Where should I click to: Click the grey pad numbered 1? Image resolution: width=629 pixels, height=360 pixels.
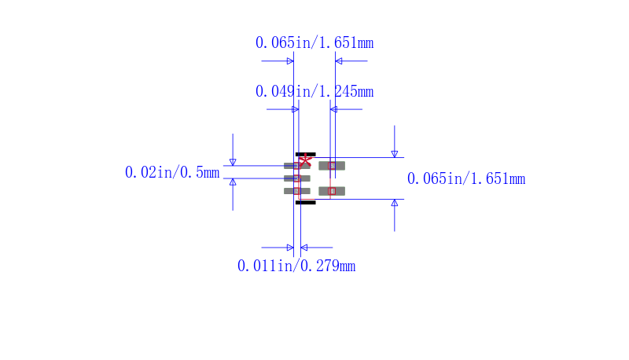click(x=297, y=166)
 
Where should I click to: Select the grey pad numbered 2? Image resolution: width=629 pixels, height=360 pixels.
click(x=297, y=178)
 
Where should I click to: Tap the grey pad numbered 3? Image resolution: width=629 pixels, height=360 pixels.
click(x=297, y=191)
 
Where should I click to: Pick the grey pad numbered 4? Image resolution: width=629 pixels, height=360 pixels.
click(x=332, y=191)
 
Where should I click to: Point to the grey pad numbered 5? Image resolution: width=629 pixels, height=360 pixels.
click(x=332, y=166)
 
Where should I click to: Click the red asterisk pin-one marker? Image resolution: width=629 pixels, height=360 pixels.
click(x=305, y=160)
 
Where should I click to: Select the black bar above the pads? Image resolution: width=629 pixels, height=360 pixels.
click(x=306, y=154)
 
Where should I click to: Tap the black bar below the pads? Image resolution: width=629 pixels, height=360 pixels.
click(x=306, y=203)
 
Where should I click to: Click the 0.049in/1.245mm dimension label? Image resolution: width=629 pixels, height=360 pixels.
click(x=314, y=91)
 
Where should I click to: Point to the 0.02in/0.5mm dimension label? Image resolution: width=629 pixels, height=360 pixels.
click(x=172, y=172)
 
